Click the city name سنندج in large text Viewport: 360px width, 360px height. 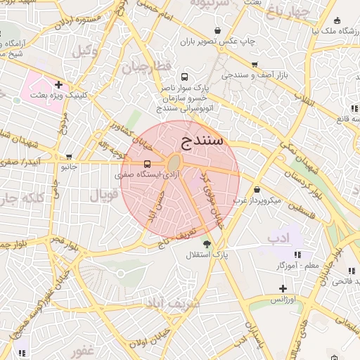click(202, 140)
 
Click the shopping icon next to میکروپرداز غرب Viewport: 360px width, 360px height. click(257, 190)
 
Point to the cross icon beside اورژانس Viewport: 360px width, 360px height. click(283, 288)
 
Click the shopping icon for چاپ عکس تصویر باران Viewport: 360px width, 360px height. click(217, 31)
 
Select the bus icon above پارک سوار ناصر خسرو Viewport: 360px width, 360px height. click(184, 77)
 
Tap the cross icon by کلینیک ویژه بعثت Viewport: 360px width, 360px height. click(58, 85)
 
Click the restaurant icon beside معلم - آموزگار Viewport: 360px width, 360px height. click(298, 255)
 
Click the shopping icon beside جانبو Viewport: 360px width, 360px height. click(69, 157)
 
